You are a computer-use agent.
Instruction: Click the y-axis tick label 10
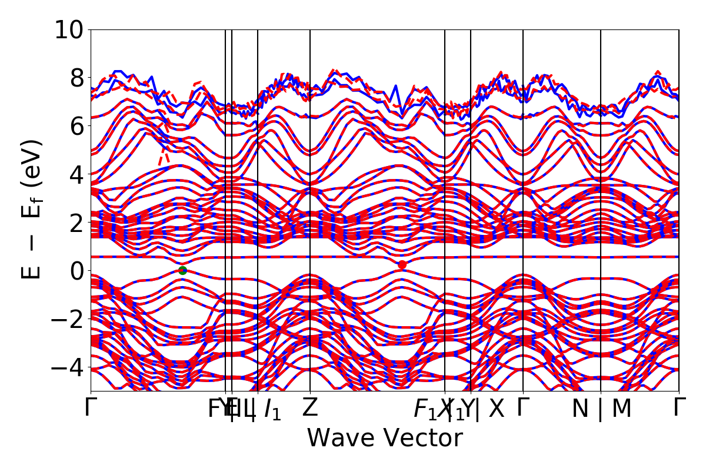pos(69,29)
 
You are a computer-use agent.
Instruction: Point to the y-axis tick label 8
pos(76,78)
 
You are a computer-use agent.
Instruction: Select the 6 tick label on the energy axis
pos(76,126)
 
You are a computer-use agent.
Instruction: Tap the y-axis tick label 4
pos(76,174)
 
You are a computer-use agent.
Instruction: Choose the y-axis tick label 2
pos(76,223)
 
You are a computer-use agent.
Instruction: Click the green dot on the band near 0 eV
pos(182,270)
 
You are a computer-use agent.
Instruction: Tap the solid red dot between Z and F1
pos(402,265)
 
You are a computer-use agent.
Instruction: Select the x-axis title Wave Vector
pos(385,439)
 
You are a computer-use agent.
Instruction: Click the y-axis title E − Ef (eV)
pos(33,209)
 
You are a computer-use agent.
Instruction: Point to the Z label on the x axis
pos(310,409)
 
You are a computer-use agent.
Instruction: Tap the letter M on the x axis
pos(621,409)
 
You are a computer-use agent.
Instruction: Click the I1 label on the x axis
pos(272,410)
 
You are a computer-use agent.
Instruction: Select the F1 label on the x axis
pos(425,410)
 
